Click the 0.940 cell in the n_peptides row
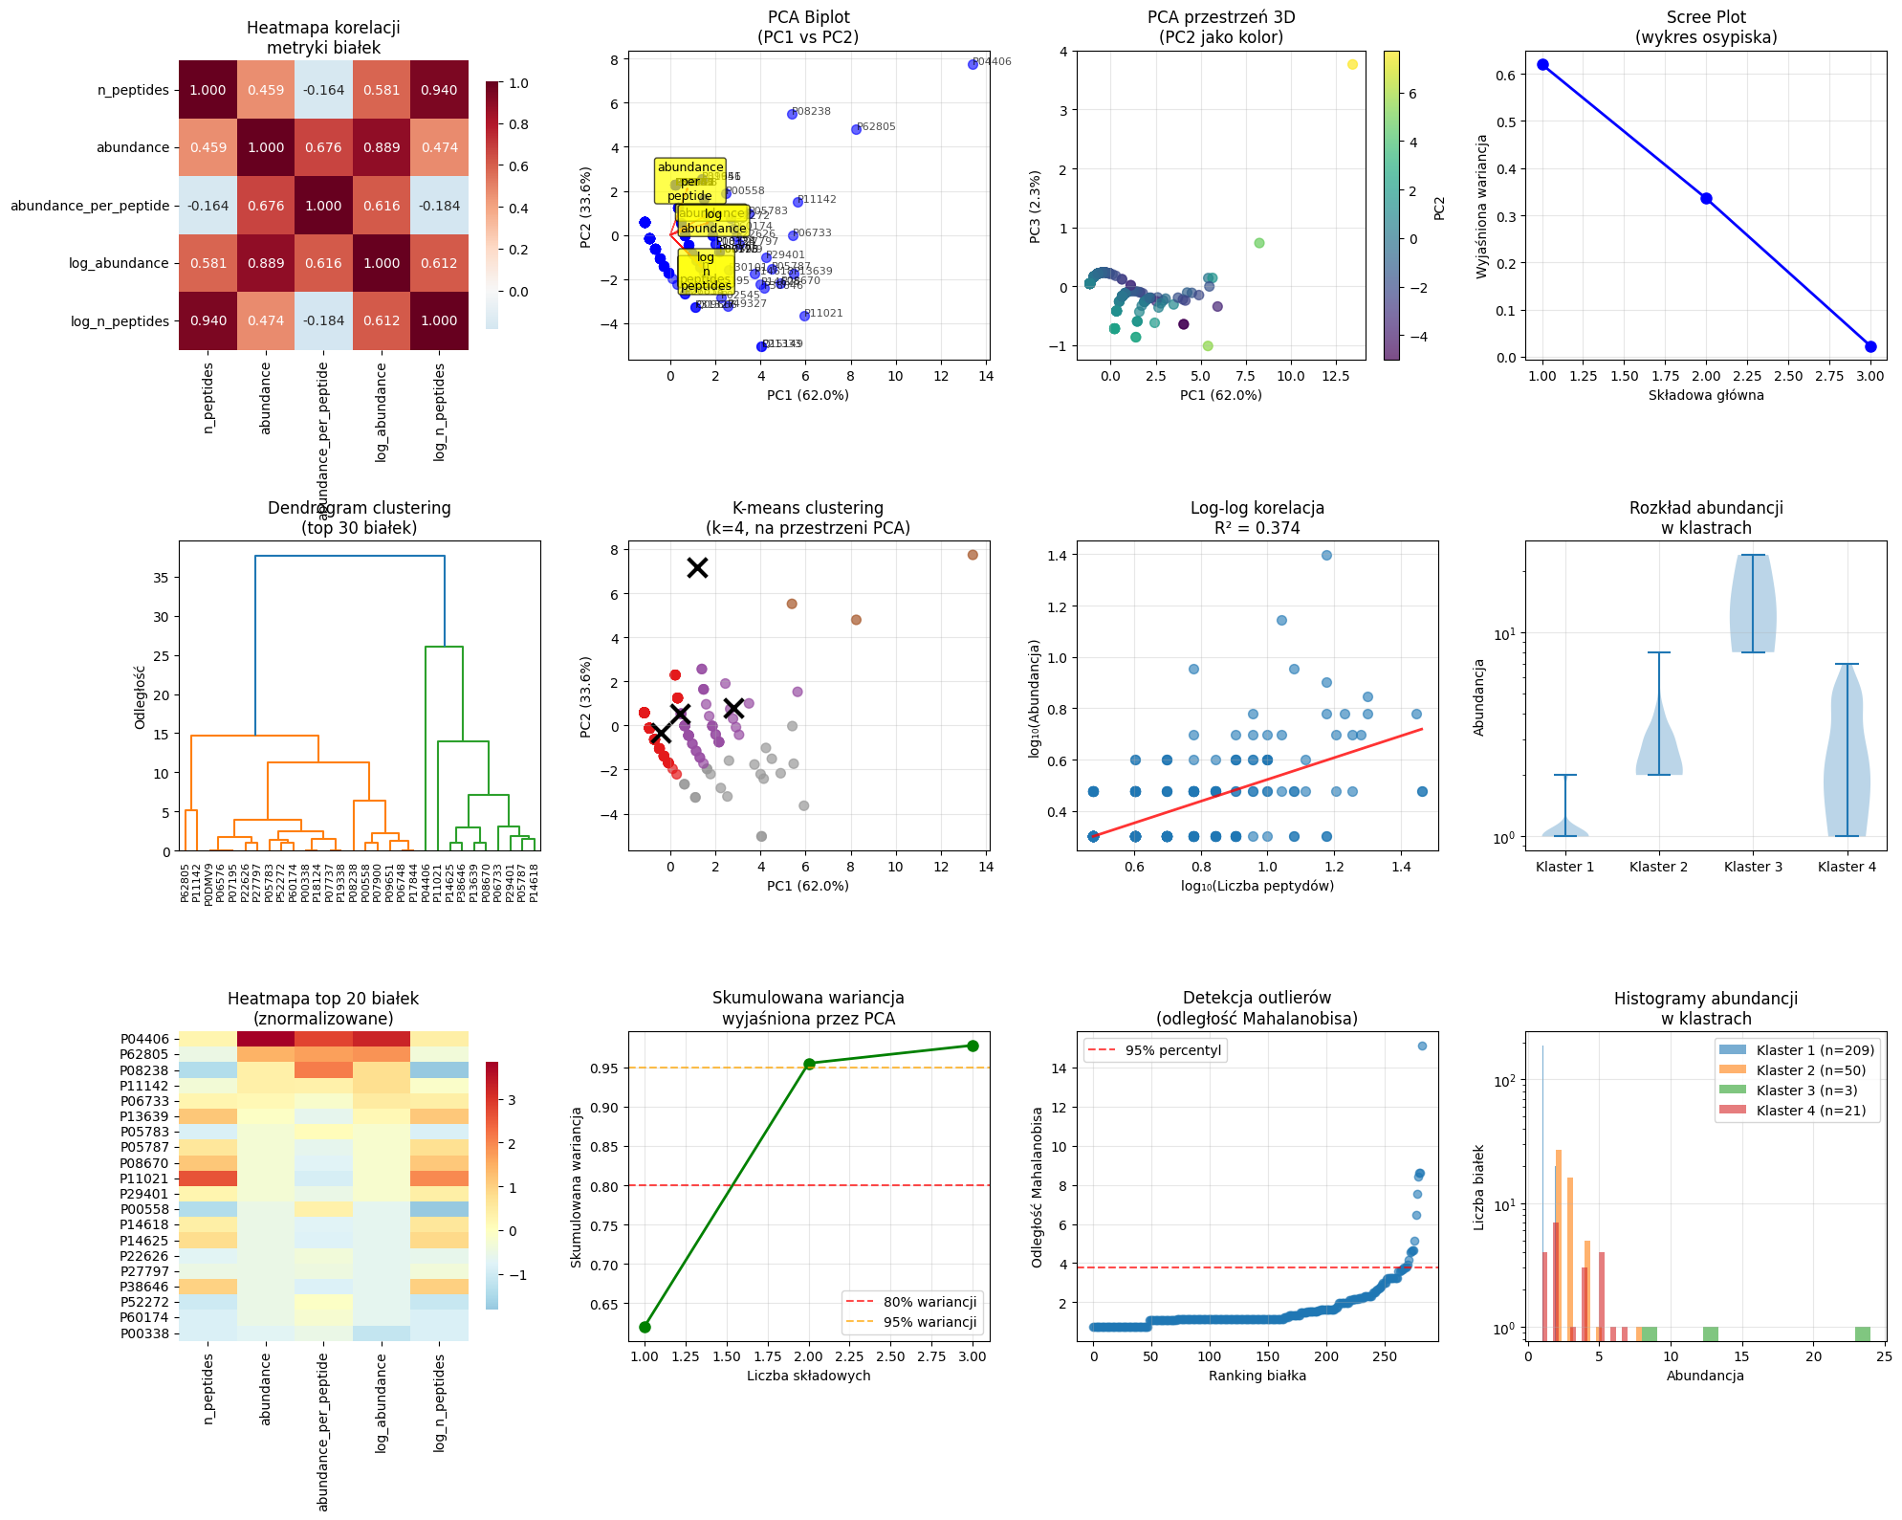click(439, 90)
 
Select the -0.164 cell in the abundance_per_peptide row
click(208, 206)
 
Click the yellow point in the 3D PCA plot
click(1352, 64)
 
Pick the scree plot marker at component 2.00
click(1706, 199)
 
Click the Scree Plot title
click(1706, 17)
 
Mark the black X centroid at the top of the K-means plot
click(698, 567)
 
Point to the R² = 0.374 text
click(1257, 528)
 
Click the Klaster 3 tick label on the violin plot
click(1753, 867)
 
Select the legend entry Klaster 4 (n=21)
click(1810, 1111)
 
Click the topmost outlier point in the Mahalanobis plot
click(1422, 1046)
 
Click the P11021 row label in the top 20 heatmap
click(143, 1179)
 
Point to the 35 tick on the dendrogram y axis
click(161, 578)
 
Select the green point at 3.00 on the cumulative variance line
click(973, 1046)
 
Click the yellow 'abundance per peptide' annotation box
click(689, 181)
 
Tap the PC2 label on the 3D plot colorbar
click(1439, 209)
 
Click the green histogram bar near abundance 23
click(1862, 1333)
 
